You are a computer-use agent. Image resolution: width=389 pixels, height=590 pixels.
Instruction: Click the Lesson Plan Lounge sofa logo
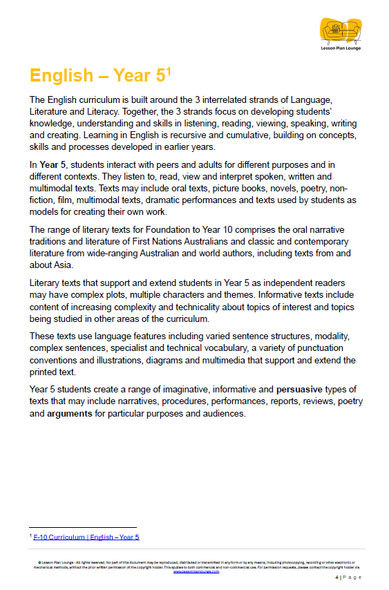coord(341,30)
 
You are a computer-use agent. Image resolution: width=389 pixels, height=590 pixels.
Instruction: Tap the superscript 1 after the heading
coord(168,70)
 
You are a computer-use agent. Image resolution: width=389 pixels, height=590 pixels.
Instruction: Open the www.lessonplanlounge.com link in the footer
coord(196,571)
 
